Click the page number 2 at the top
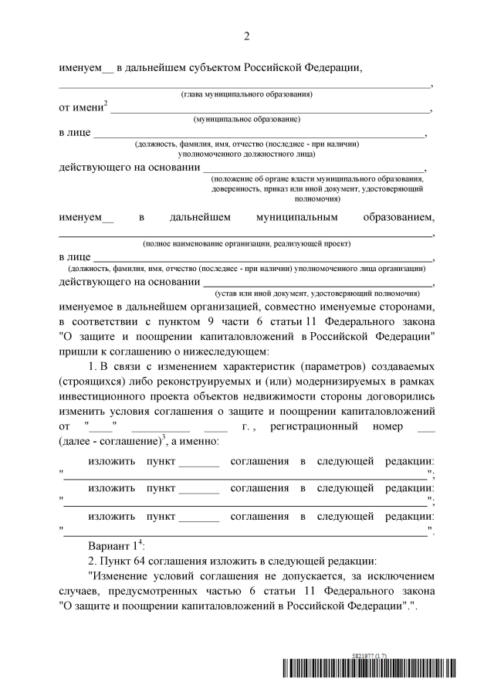(247, 36)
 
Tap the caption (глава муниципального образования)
(246, 94)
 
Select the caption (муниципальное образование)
(246, 120)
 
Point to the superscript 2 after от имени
(106, 104)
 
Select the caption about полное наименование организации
(246, 243)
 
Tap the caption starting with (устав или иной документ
(316, 294)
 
